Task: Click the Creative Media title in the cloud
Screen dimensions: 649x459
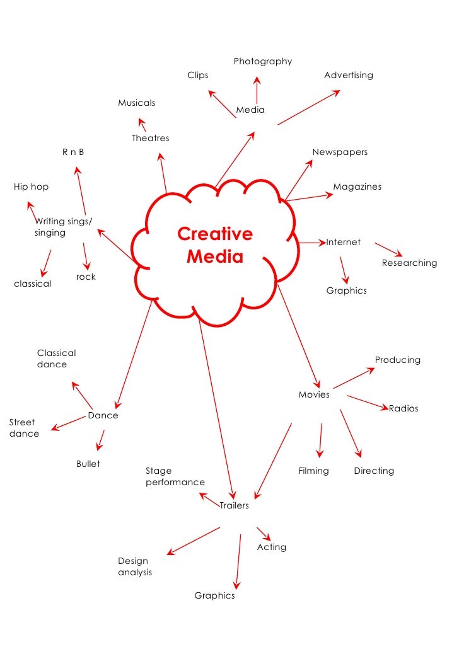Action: [214, 246]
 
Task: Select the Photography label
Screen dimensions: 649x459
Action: [262, 61]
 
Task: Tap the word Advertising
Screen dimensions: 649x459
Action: [348, 75]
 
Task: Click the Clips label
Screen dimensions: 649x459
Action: [197, 75]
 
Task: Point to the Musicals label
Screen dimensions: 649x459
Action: [136, 103]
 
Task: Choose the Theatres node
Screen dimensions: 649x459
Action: [150, 138]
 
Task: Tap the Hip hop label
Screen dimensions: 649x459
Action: [31, 187]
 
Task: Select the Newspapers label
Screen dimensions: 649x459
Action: [339, 152]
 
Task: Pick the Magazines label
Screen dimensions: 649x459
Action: [357, 187]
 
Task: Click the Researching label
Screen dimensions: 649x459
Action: [409, 263]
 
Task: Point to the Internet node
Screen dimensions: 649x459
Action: [343, 242]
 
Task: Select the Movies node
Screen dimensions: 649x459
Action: [313, 394]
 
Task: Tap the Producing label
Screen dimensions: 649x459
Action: [397, 360]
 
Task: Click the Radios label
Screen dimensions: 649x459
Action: [403, 408]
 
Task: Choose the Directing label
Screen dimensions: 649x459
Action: [373, 471]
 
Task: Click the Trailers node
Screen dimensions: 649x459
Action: [234, 505]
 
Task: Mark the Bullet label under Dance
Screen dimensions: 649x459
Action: [88, 464]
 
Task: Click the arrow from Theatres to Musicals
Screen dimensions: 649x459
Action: [142, 124]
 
